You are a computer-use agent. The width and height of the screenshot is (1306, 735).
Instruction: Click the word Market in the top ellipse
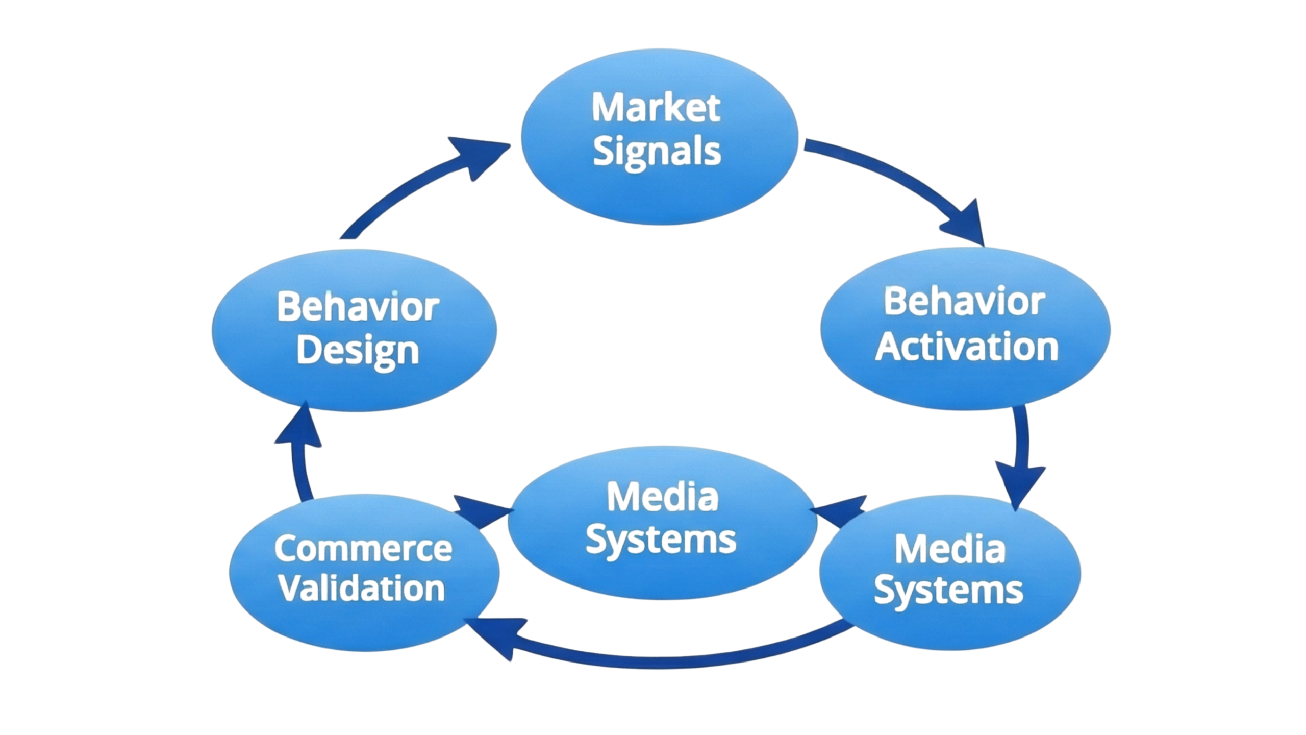[x=656, y=108]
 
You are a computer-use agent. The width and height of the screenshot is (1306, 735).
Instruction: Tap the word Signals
[x=657, y=152]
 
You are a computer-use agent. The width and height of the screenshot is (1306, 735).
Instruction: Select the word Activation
[x=967, y=347]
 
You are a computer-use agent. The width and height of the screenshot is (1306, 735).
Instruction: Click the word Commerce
[x=363, y=548]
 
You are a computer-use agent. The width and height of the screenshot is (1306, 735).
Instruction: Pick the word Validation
[x=362, y=589]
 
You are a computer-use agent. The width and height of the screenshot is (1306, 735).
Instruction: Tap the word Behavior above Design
[x=357, y=307]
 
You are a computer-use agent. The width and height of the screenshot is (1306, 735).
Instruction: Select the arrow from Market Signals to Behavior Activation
[x=898, y=179]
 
